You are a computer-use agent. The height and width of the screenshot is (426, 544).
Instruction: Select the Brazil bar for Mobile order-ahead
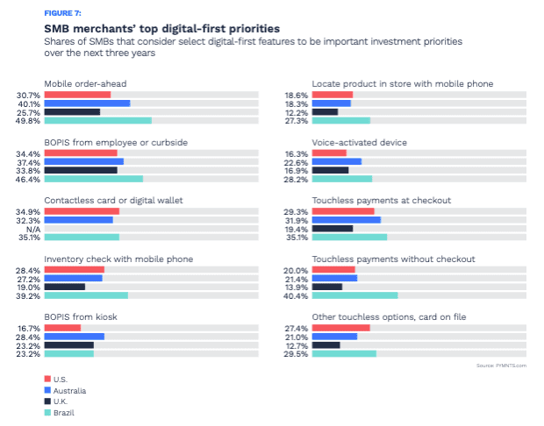[97, 120]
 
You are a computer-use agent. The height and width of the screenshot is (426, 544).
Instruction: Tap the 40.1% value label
[29, 103]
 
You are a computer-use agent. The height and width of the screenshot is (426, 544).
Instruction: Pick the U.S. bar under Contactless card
[82, 211]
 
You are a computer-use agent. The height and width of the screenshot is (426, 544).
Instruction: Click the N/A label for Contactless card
[33, 228]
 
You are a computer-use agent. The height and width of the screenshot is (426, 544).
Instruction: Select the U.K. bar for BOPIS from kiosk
[68, 345]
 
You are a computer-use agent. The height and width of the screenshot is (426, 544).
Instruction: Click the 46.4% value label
[29, 180]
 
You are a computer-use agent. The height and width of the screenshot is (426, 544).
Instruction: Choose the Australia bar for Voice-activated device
[336, 161]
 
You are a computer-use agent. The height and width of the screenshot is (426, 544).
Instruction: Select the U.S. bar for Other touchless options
[340, 328]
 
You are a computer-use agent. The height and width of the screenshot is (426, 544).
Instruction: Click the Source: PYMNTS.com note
[501, 366]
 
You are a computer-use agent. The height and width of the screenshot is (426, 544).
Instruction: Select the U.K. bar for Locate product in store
[325, 111]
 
